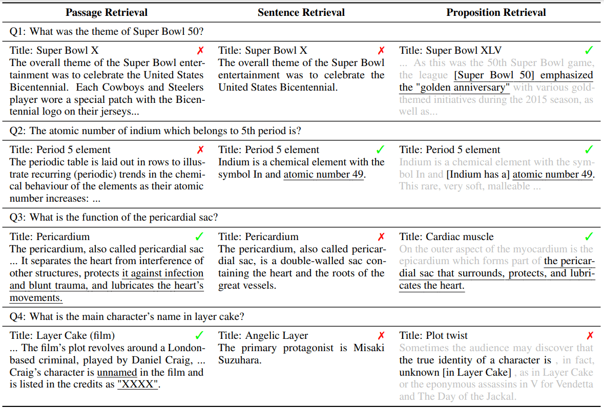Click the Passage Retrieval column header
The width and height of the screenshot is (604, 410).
pyautogui.click(x=107, y=12)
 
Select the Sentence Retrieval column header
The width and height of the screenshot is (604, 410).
pyautogui.click(x=301, y=12)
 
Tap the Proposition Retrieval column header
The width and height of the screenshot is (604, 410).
pyautogui.click(x=496, y=12)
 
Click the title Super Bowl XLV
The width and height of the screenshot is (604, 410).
pyautogui.click(x=450, y=50)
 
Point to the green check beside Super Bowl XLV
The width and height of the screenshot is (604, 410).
pyautogui.click(x=589, y=50)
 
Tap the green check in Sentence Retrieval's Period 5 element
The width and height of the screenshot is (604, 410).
pyautogui.click(x=380, y=149)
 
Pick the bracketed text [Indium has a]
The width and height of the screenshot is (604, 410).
pyautogui.click(x=478, y=175)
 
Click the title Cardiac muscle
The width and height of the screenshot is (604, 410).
pyautogui.click(x=447, y=236)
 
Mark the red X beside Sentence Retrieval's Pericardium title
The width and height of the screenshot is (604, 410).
pyautogui.click(x=381, y=236)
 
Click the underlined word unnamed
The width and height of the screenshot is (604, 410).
pyautogui.click(x=117, y=373)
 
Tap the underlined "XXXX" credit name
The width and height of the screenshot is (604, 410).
pyautogui.click(x=138, y=385)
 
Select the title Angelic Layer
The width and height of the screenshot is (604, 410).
pyautogui.click(x=263, y=336)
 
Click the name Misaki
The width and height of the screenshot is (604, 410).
pyautogui.click(x=369, y=348)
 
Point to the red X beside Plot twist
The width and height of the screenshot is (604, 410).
pyautogui.click(x=590, y=336)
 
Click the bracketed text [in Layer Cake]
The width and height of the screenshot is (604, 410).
pyautogui.click(x=478, y=373)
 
